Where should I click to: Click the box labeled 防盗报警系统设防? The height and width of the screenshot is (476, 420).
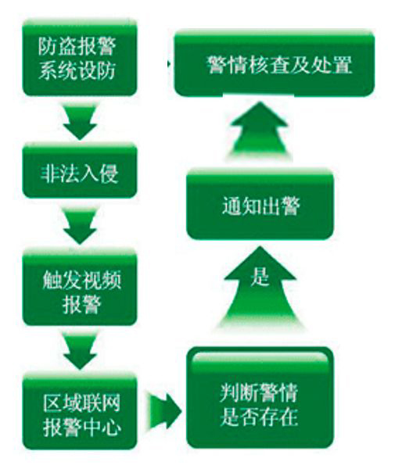pyautogui.click(x=80, y=58)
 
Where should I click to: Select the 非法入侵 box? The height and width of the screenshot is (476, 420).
pyautogui.click(x=80, y=171)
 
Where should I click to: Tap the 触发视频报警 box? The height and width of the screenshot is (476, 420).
pyautogui.click(x=80, y=288)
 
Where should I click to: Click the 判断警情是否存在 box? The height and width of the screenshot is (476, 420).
pyautogui.click(x=260, y=398)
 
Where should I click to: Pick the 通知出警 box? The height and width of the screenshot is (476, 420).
pyautogui.click(x=260, y=206)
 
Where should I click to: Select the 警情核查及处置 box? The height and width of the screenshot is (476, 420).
pyautogui.click(x=275, y=63)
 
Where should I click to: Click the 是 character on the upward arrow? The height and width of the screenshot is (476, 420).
pyautogui.click(x=260, y=277)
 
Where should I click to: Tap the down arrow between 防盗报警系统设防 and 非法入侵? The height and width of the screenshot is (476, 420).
pyautogui.click(x=80, y=122)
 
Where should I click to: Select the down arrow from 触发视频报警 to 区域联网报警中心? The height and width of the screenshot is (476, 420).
pyautogui.click(x=80, y=351)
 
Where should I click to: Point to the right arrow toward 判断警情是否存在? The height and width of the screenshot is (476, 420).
pyautogui.click(x=164, y=411)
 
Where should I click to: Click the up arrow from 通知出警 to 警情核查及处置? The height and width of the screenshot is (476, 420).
pyautogui.click(x=260, y=130)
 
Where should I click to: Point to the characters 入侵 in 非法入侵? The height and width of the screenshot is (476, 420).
pyautogui.click(x=99, y=174)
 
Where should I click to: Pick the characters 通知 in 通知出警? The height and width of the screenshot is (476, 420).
pyautogui.click(x=241, y=206)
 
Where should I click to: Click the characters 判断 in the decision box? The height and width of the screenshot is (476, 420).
pyautogui.click(x=239, y=393)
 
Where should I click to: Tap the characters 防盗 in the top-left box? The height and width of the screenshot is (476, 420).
pyautogui.click(x=58, y=46)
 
